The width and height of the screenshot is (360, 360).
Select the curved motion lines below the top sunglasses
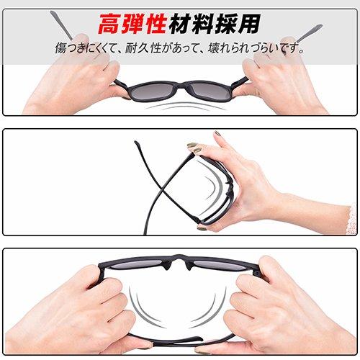click(180, 109)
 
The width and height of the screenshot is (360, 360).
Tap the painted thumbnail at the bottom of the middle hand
click(202, 227)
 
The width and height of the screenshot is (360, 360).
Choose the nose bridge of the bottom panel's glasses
click(180, 265)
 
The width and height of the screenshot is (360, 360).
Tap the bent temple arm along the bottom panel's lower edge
click(180, 338)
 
